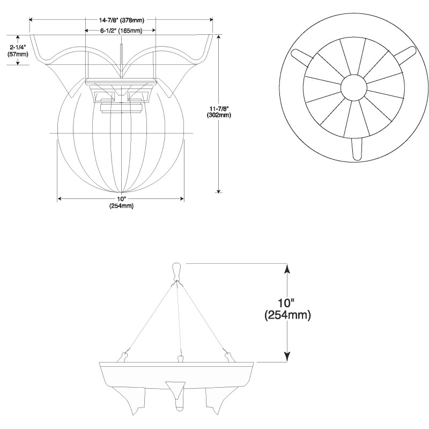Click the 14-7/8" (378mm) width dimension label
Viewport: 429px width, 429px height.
point(121,20)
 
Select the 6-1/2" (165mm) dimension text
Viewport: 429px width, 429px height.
point(121,30)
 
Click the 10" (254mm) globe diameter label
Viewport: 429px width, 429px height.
point(121,202)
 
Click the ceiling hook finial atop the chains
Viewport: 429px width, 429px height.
point(177,270)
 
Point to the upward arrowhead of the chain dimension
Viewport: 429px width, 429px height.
point(287,268)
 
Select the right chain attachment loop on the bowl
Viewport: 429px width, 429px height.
point(230,355)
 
